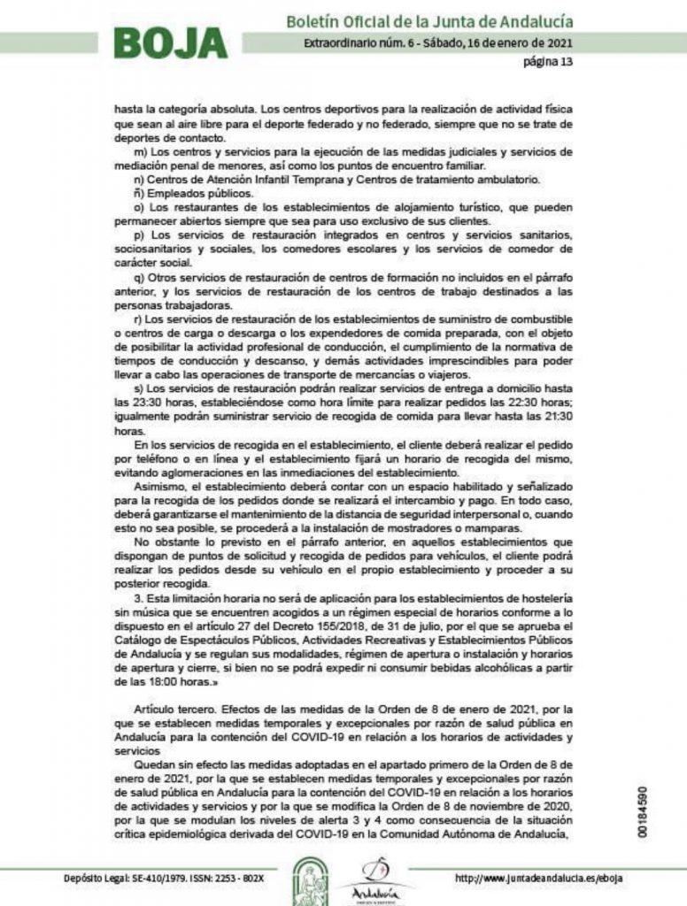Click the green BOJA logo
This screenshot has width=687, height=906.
(x=170, y=42)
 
